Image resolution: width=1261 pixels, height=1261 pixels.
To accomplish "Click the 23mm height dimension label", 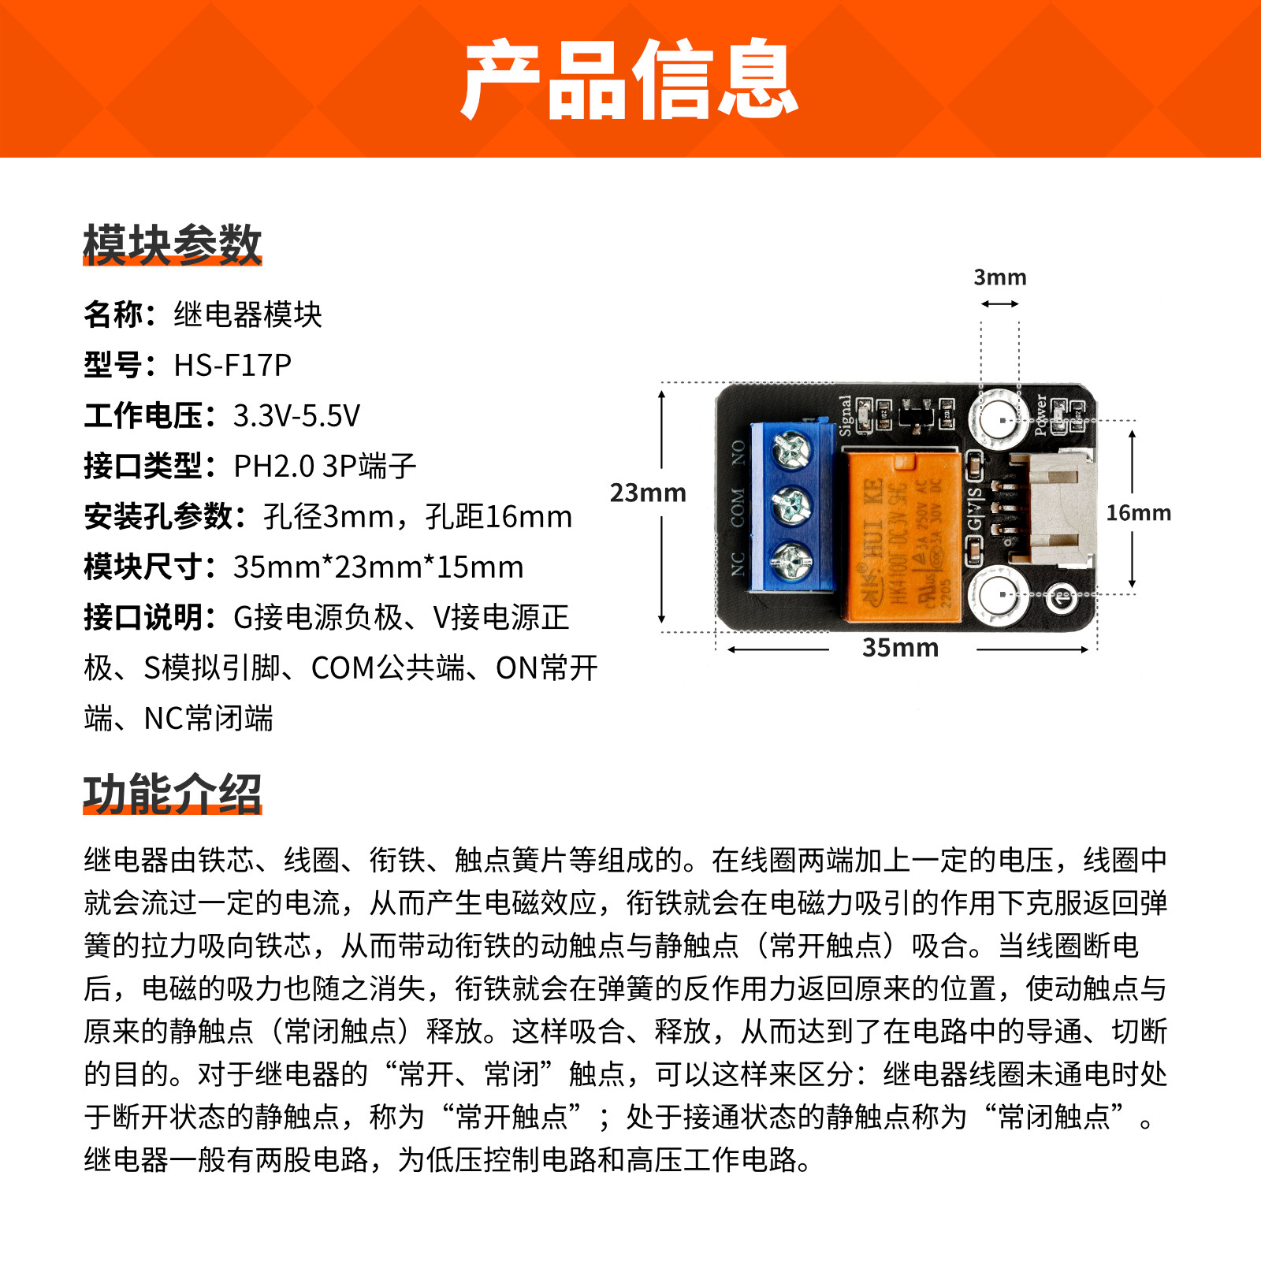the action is [x=648, y=493].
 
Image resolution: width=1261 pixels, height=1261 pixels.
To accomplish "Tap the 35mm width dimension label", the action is [x=901, y=648].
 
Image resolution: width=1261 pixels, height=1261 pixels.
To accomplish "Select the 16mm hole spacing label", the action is [x=1138, y=513].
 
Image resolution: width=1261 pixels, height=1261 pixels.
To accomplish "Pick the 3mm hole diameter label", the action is [x=1000, y=277].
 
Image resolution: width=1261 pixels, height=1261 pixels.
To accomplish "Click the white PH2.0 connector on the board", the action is [x=1052, y=509].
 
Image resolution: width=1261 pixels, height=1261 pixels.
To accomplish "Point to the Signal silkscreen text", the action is [x=846, y=416].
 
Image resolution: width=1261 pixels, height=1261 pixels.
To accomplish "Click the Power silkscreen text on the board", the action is [x=1040, y=415].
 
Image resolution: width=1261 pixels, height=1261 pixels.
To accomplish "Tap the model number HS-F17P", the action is [x=232, y=365].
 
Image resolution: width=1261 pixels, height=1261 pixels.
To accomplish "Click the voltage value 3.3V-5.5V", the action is [x=296, y=415].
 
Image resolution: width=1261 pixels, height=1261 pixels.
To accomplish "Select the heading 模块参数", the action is [x=172, y=244].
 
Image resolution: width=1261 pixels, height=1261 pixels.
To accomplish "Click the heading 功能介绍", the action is [x=172, y=793].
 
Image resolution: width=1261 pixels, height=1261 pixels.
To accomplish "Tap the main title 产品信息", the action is [x=630, y=80].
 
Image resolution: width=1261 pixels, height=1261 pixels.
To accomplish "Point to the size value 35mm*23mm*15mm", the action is [x=378, y=567].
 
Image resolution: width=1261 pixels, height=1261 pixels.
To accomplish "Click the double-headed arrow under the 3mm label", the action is [x=1000, y=303].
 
